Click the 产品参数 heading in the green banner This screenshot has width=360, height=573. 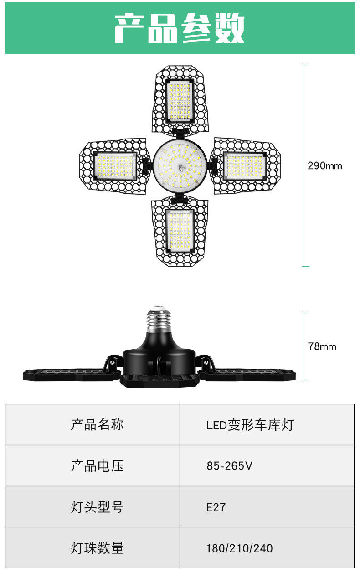[180, 29]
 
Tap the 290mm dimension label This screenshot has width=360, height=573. [324, 166]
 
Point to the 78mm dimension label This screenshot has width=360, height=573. [322, 346]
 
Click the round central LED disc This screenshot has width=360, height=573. [180, 166]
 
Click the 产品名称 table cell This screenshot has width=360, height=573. [97, 425]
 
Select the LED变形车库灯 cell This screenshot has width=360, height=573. [250, 425]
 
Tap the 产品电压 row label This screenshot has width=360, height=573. [97, 466]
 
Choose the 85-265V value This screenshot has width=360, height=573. [229, 466]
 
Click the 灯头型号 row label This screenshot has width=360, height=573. [97, 507]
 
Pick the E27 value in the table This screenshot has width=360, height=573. [216, 507]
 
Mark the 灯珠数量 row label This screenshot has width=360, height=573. [97, 548]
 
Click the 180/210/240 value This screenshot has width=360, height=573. [240, 548]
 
